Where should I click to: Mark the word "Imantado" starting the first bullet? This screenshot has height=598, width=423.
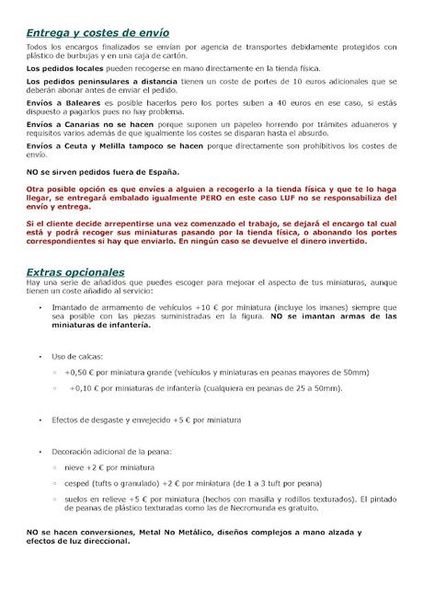click(x=70, y=308)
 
